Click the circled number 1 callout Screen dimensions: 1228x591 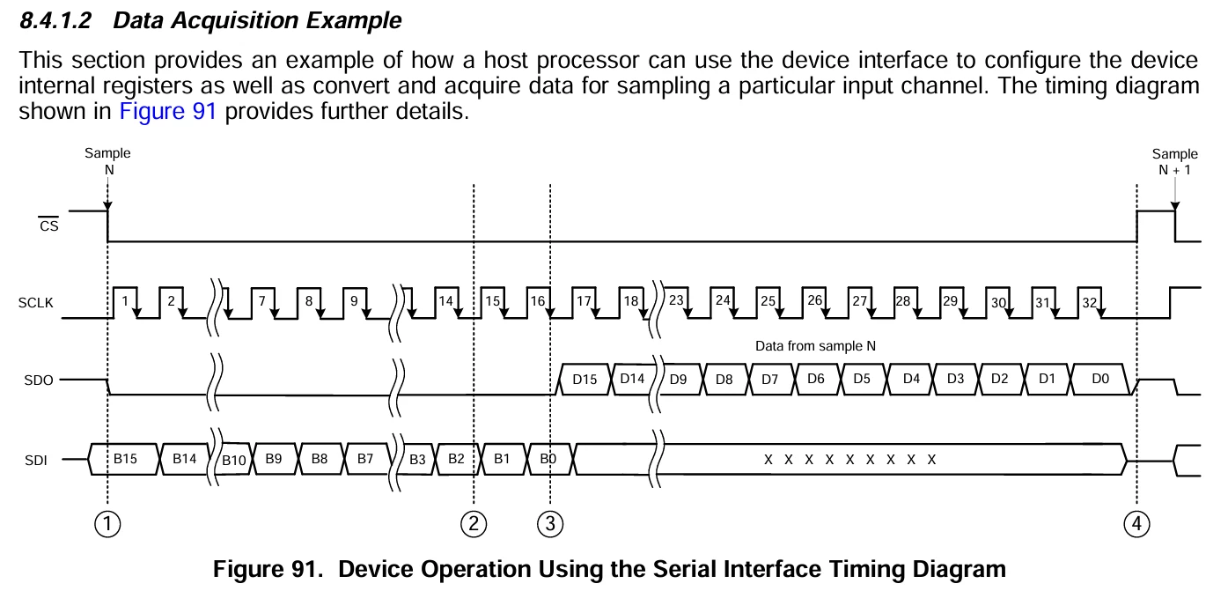(x=107, y=523)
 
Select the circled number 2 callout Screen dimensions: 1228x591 (x=474, y=523)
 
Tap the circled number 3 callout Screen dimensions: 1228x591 (x=550, y=523)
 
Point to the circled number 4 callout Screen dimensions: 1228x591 (x=1136, y=523)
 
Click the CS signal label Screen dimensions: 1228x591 (x=48, y=225)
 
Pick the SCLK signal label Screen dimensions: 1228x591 (x=35, y=303)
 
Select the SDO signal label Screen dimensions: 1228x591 (x=39, y=380)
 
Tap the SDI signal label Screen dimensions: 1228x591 (x=35, y=461)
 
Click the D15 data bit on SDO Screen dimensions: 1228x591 (x=585, y=380)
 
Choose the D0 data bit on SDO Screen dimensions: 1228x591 (x=1100, y=379)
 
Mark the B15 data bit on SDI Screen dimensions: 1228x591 (x=124, y=459)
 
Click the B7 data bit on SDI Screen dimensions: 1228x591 (x=365, y=459)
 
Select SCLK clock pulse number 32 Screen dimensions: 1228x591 (x=1089, y=302)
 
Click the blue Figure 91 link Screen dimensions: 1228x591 (x=168, y=111)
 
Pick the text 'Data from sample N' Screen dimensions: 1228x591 (x=815, y=346)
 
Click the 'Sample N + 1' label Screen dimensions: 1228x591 (x=1174, y=162)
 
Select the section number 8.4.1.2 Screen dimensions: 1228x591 (x=55, y=21)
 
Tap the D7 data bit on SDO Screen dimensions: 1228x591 (x=769, y=380)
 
